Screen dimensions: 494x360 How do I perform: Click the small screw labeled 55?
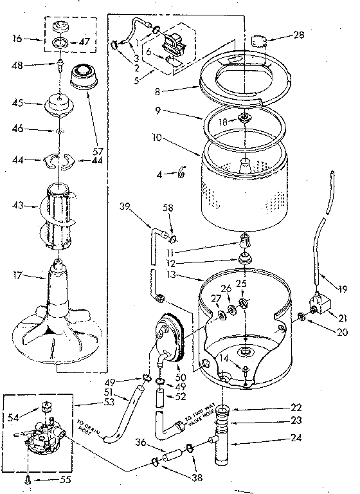coord(30,479)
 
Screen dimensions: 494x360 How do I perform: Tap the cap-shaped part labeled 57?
coord(82,78)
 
